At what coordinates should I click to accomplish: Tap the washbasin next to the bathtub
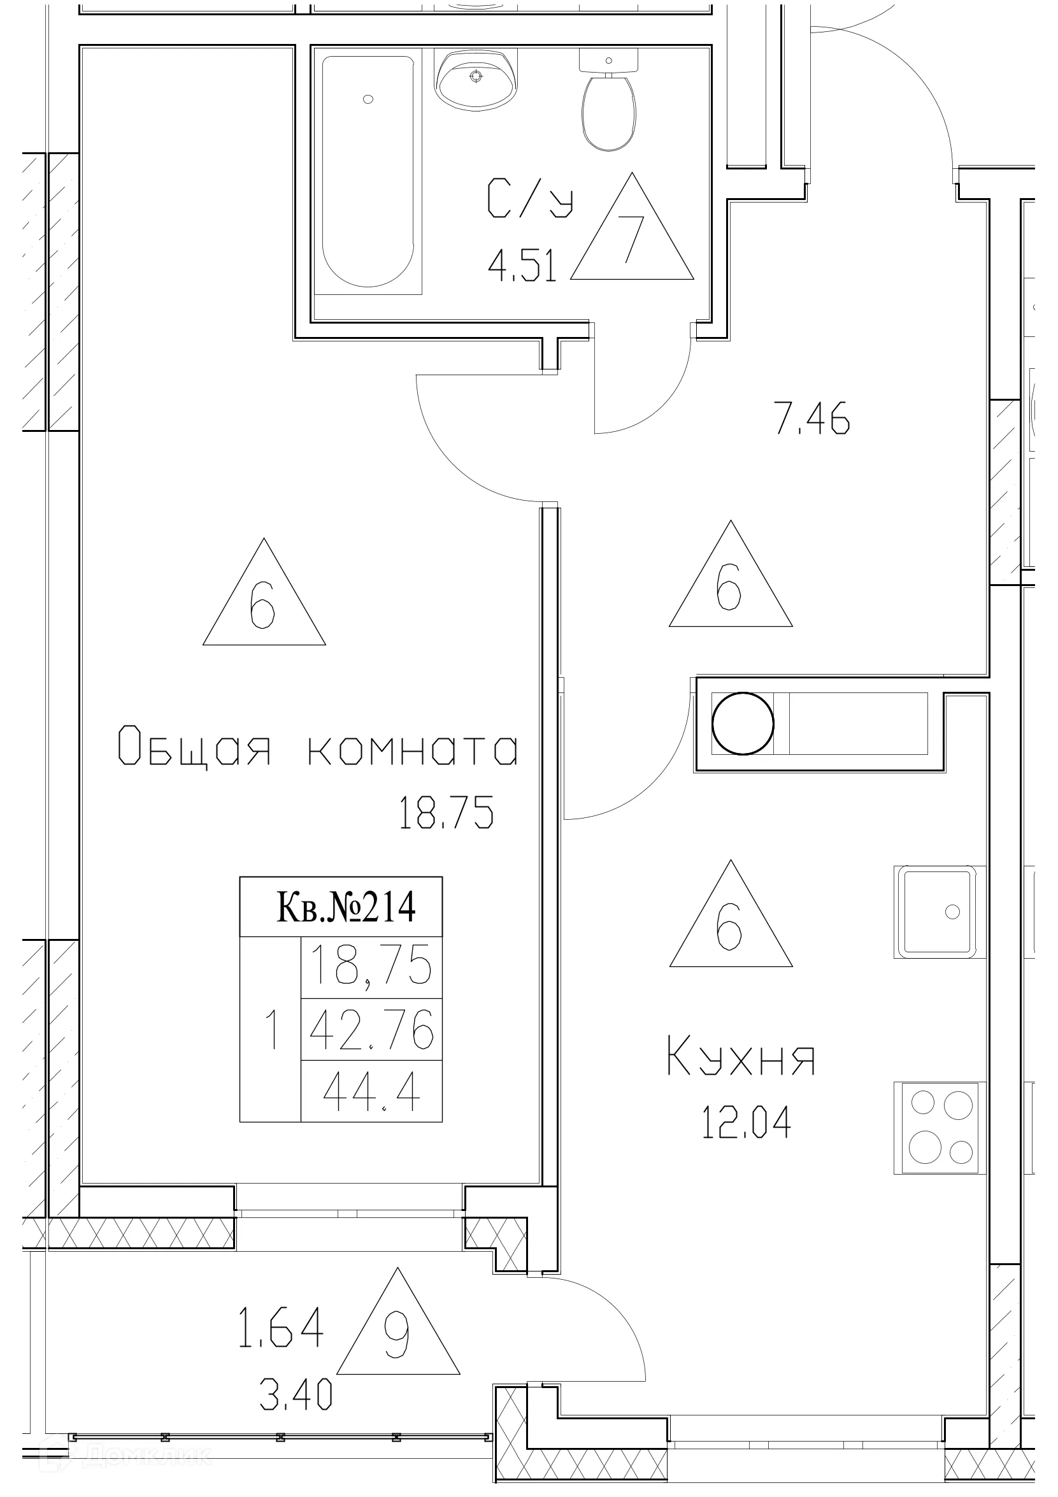[x=476, y=80]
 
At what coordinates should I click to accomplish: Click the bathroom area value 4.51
[x=523, y=267]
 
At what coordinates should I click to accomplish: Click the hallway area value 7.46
[x=812, y=419]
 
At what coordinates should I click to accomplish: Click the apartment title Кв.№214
[x=346, y=907]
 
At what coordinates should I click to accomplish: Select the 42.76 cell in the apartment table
[x=371, y=1030]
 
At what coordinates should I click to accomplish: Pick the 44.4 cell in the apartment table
[x=371, y=1092]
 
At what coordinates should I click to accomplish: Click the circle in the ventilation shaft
[x=743, y=724]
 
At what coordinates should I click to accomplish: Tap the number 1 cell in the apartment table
[x=271, y=1030]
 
